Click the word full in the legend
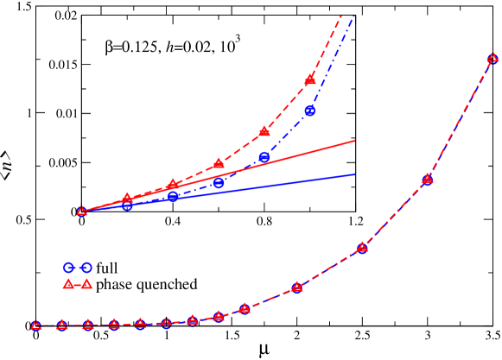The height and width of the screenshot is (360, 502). (106, 268)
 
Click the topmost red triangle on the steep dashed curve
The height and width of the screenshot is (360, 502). (310, 79)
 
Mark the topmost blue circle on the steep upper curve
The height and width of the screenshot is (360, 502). (310, 111)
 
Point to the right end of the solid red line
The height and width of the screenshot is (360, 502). (355, 140)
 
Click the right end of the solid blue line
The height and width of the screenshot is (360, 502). (355, 174)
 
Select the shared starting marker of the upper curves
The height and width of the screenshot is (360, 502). (81, 211)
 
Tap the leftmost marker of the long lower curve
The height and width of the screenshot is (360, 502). (35, 325)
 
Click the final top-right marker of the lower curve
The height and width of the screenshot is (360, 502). (492, 58)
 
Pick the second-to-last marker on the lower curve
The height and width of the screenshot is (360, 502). (428, 180)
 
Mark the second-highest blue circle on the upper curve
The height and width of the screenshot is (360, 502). (264, 157)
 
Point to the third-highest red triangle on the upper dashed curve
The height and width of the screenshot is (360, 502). (219, 162)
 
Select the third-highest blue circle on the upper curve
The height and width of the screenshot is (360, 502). (219, 183)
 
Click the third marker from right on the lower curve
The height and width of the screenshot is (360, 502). (362, 248)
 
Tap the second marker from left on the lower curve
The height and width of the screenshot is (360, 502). (61, 325)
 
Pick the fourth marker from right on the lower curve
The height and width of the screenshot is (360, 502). (297, 287)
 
